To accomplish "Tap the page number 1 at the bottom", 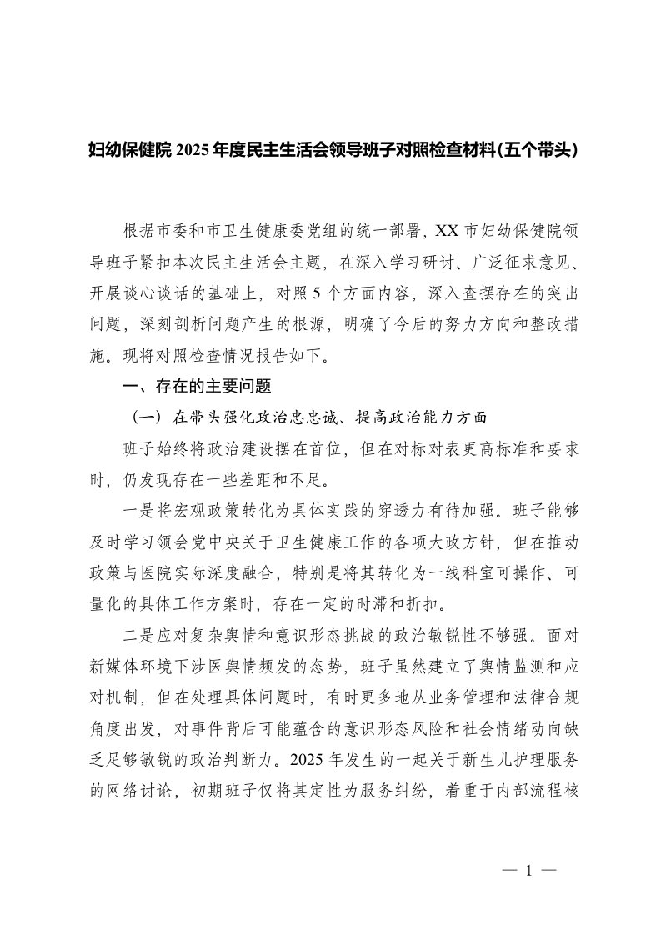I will [528, 871].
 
